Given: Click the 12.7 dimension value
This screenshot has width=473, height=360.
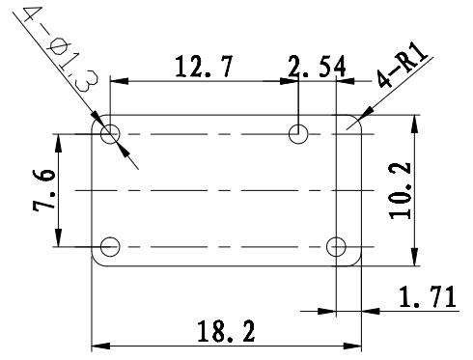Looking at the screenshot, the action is (x=203, y=67).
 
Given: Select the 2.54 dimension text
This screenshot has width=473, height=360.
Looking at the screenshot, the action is (x=317, y=67).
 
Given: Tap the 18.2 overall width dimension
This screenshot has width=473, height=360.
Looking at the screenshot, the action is (x=226, y=331).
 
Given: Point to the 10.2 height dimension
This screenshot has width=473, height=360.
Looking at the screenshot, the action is (x=401, y=191).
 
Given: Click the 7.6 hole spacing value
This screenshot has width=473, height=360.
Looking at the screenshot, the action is (x=44, y=189).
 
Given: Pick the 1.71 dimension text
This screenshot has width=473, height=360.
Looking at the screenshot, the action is (x=428, y=296).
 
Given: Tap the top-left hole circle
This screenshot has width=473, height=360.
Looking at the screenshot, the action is (x=110, y=125).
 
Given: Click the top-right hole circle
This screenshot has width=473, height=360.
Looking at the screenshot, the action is (x=298, y=125).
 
